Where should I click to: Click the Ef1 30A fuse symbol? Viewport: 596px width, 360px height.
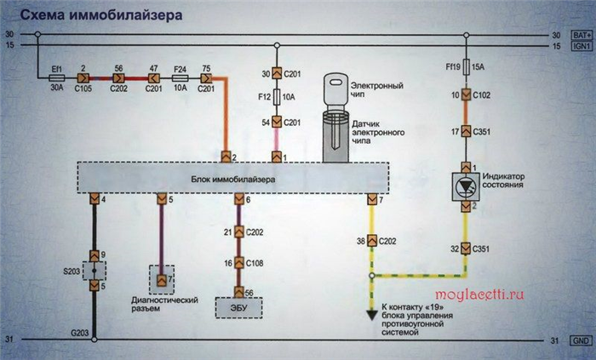click(57, 78)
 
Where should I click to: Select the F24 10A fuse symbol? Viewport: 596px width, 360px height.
click(180, 78)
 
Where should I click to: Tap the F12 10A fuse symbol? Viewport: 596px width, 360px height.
click(277, 97)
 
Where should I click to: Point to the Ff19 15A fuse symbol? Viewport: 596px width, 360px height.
click(467, 67)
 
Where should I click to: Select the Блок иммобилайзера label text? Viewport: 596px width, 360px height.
click(233, 180)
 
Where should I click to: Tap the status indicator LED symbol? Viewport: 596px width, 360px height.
click(466, 187)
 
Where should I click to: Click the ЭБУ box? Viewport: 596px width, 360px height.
click(238, 307)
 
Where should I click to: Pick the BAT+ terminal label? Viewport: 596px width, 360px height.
click(582, 35)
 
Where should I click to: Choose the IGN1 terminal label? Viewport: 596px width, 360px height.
click(582, 46)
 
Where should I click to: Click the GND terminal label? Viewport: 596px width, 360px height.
click(582, 340)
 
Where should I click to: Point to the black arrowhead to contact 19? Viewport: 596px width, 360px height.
click(372, 315)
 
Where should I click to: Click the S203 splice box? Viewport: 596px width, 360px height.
click(95, 271)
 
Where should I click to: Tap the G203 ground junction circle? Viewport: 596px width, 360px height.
click(95, 340)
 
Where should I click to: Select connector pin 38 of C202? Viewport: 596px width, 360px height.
click(372, 241)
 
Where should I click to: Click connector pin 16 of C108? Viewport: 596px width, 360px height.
click(238, 263)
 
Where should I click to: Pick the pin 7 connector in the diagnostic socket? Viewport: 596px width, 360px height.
click(162, 281)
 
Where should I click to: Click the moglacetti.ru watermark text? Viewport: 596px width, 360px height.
click(479, 294)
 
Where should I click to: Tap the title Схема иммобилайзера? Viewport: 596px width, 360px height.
click(101, 15)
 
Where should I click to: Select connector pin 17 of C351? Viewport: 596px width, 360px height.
click(466, 131)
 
